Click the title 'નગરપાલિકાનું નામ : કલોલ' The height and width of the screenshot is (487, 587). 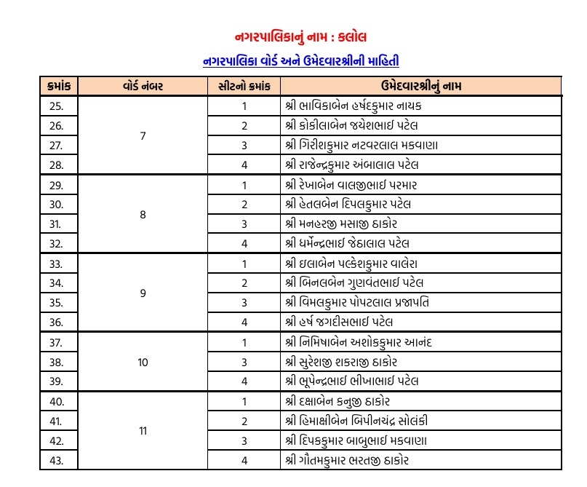point(301,36)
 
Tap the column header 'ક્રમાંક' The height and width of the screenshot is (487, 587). point(57,86)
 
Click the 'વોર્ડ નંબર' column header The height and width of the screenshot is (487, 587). point(143,86)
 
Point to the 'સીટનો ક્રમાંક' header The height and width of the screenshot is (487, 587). point(244,86)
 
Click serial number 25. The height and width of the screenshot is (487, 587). point(57,106)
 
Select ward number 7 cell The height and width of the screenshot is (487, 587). point(143,135)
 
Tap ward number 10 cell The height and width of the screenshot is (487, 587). point(143,361)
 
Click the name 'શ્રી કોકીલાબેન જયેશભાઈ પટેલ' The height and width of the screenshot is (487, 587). point(351,125)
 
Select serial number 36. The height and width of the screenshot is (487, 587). point(57,322)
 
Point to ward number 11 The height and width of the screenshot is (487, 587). point(143,430)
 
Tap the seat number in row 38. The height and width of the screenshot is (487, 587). point(244,361)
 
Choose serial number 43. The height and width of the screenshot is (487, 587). point(57,460)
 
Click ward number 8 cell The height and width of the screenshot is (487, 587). point(143,214)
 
